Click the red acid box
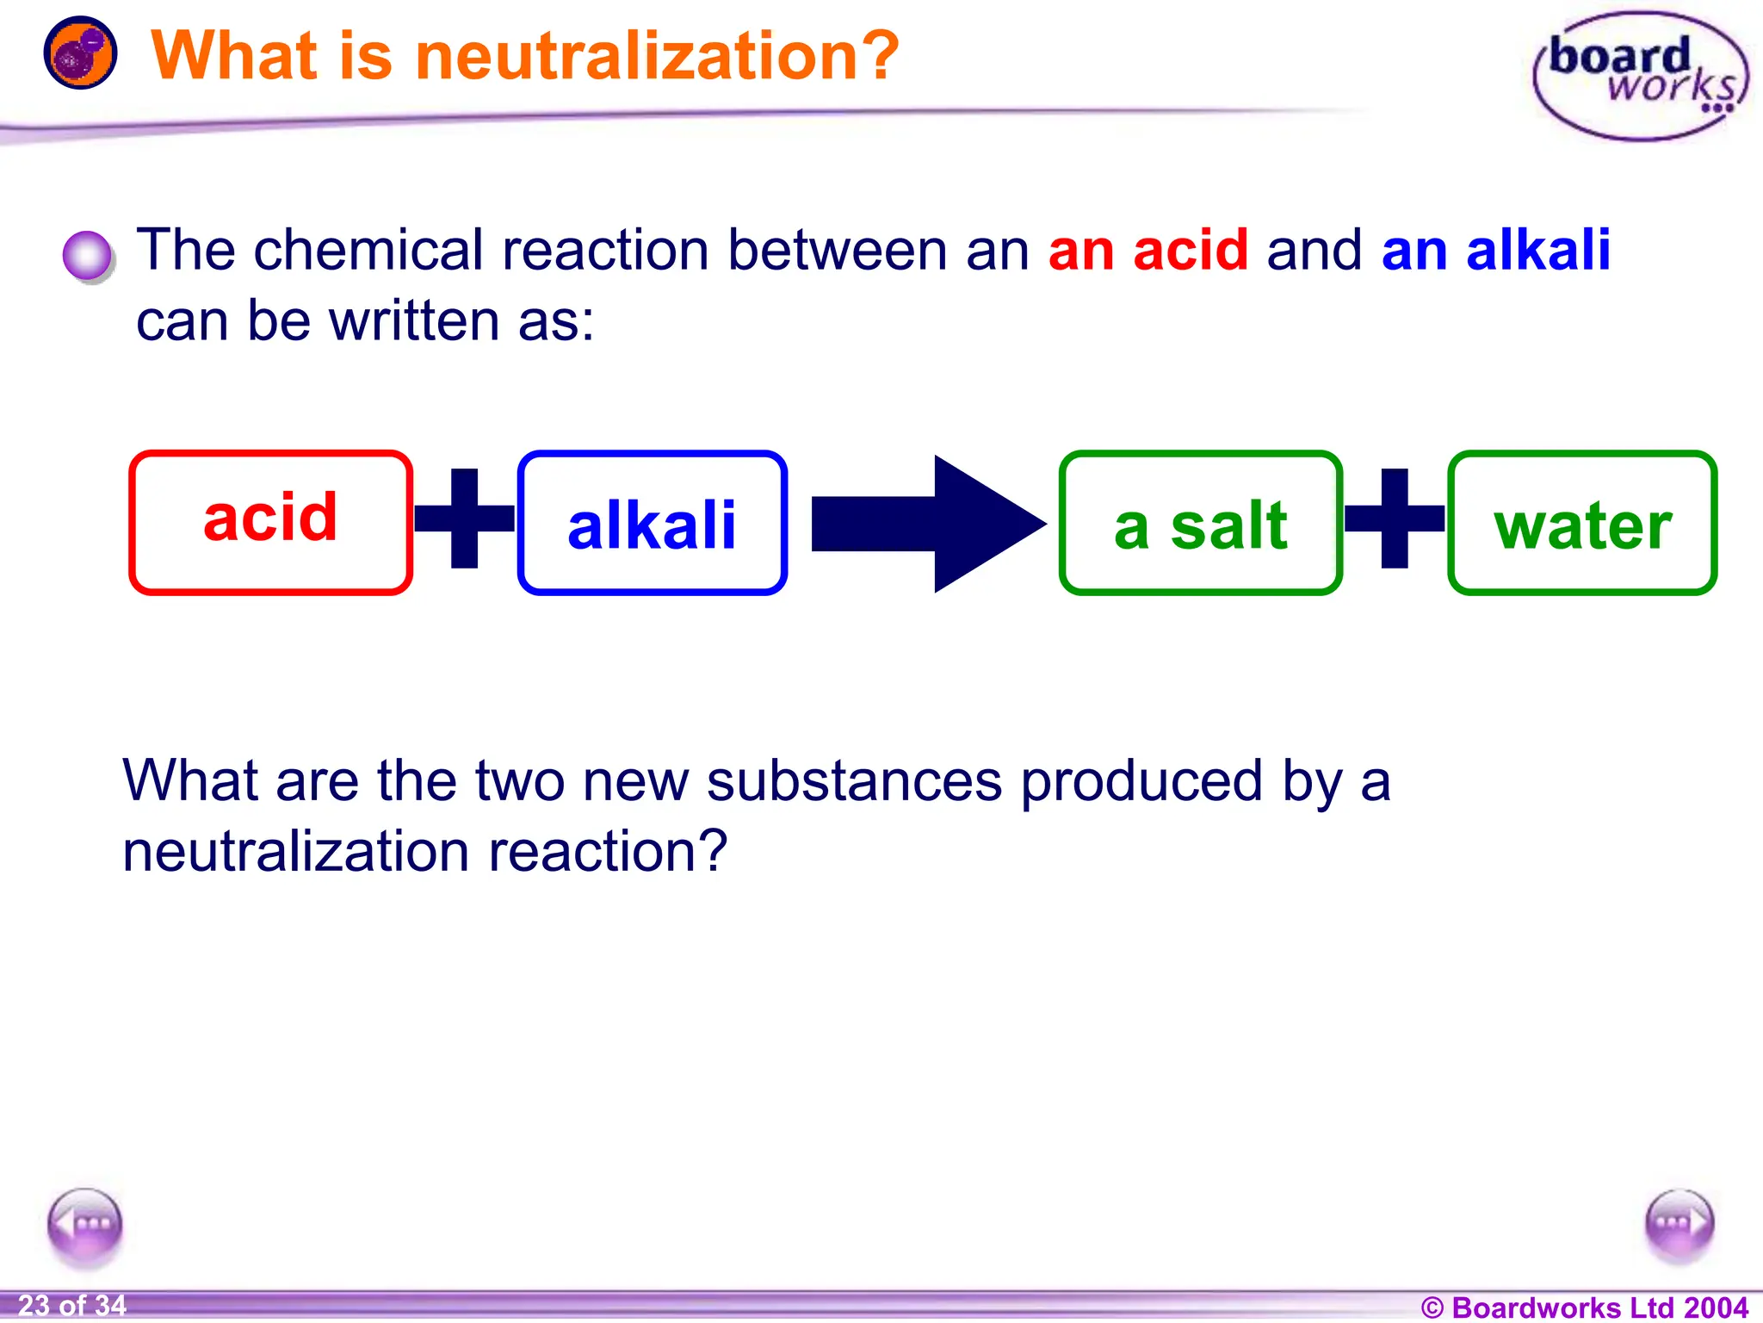coord(270,522)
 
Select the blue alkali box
coord(652,523)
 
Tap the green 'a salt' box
coord(1200,523)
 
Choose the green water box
coord(1582,523)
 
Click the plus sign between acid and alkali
coord(464,519)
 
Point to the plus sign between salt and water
coord(1395,519)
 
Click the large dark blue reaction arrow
coord(930,524)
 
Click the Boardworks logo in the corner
coord(1641,76)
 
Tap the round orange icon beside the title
coord(80,53)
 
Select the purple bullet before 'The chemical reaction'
coord(87,256)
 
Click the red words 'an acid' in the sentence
coord(1147,250)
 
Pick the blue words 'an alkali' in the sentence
coord(1495,250)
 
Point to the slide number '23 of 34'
coord(72,1305)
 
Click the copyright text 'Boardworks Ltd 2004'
coord(1599,1307)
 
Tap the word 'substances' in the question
coord(854,780)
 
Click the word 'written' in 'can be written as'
coord(414,320)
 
